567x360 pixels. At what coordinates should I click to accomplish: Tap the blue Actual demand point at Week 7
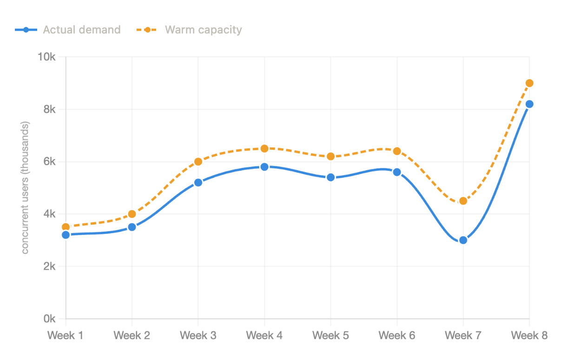[x=463, y=240]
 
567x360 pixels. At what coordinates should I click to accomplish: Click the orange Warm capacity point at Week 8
[x=529, y=83]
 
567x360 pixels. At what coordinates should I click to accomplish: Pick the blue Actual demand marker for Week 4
[x=264, y=167]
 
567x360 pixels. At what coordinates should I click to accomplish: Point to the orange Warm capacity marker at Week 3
[x=198, y=161]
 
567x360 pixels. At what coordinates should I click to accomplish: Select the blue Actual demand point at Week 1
[x=66, y=235]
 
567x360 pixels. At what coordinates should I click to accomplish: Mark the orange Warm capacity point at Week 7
[x=463, y=201]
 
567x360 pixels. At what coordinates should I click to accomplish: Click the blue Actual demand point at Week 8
[x=529, y=104]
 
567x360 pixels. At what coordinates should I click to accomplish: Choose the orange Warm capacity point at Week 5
[x=330, y=156]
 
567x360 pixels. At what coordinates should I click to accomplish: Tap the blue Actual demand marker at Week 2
[x=132, y=227]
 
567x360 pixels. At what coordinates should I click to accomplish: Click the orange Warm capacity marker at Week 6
[x=397, y=151]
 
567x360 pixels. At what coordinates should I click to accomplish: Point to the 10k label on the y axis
[x=47, y=57]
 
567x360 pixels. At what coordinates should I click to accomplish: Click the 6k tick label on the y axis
[x=50, y=162]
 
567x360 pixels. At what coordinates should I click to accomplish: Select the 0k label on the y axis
[x=50, y=319]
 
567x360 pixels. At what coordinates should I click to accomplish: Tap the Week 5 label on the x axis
[x=330, y=335]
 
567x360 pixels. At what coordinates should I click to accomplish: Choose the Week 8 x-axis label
[x=529, y=335]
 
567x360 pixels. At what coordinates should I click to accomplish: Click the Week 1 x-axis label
[x=66, y=335]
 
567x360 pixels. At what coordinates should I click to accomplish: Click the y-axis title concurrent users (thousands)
[x=25, y=187]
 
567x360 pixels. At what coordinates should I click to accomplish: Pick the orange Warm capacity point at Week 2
[x=132, y=214]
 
